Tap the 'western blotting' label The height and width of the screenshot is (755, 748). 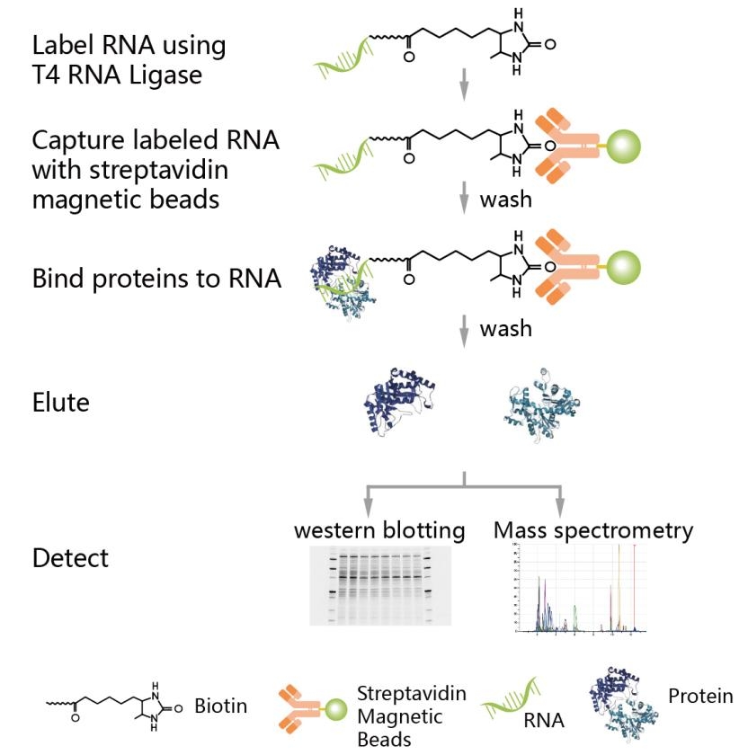379,531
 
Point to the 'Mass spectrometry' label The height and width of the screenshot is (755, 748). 593,531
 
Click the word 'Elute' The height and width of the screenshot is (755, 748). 61,402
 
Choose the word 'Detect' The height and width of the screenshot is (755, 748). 70,557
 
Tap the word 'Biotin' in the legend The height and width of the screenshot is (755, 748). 220,706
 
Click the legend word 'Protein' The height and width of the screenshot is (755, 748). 700,696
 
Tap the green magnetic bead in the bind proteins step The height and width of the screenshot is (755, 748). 621,267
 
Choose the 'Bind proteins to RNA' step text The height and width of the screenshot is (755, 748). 156,279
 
